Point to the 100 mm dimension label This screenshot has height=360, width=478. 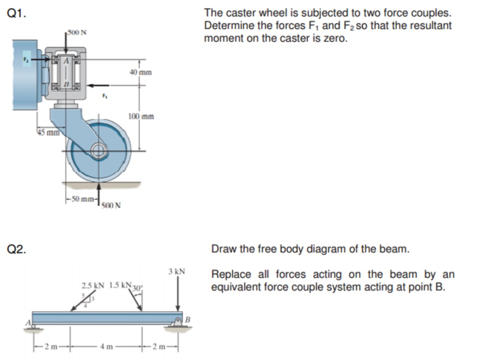(x=140, y=117)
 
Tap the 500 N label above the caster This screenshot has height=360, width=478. (x=77, y=33)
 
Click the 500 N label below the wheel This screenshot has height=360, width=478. (x=112, y=206)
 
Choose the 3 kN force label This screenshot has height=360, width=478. (x=177, y=272)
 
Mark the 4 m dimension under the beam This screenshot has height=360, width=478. (x=105, y=346)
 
